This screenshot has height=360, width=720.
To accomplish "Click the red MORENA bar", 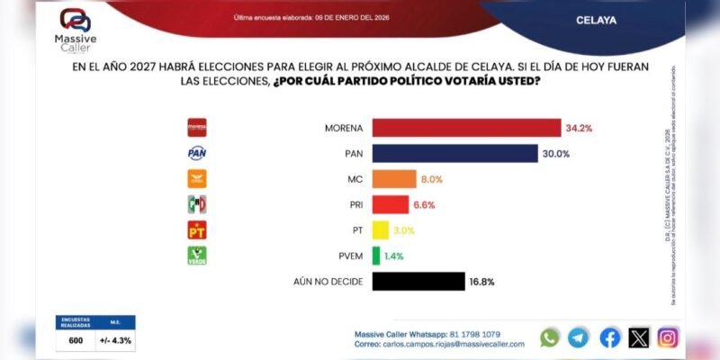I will coord(466,127).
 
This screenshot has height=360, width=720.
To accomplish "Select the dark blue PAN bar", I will coord(454,153).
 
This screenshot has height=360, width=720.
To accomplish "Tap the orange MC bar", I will coord(394,179).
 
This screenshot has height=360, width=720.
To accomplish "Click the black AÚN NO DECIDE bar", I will coord(418,283).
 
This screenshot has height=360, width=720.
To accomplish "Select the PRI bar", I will coord(391,204).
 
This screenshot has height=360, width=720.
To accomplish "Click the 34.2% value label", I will coord(580,128).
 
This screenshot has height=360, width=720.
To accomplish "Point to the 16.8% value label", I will coord(481,283).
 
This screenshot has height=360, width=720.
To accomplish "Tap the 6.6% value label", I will coord(424,205).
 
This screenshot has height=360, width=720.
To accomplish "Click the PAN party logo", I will coord(196,153).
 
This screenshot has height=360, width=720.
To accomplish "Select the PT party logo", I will coord(196,230).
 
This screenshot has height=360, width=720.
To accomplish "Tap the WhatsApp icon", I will coord(550,337).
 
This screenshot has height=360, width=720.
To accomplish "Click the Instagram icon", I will coord(667,337).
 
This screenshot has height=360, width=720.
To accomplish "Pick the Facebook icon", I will coord(609,337).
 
